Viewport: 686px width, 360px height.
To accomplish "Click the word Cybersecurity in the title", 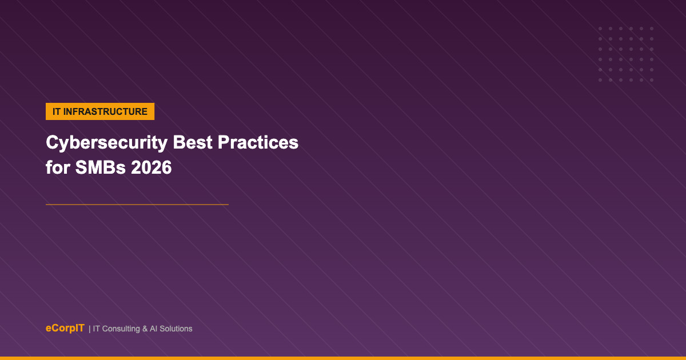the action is point(106,143).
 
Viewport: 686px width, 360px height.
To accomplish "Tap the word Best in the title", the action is point(193,142).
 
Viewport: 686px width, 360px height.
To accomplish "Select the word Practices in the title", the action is point(258,142).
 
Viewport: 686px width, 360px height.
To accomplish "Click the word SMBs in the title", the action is point(101,167).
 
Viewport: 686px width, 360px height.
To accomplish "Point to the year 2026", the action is point(151,167).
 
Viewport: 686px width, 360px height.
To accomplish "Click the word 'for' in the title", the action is point(58,167).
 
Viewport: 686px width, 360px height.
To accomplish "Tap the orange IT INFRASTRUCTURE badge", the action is point(100,111).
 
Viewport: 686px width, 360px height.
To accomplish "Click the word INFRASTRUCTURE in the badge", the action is point(105,112).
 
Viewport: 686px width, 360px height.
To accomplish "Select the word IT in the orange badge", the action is point(57,112).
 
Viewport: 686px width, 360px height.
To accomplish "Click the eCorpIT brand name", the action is point(65,328).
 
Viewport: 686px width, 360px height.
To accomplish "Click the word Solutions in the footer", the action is point(176,329).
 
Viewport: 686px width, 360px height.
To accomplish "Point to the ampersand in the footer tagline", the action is point(145,329).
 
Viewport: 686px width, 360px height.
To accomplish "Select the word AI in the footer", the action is point(153,329).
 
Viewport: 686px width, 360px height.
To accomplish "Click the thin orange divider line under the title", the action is point(137,205).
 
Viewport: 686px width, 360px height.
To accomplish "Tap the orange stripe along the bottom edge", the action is point(343,358).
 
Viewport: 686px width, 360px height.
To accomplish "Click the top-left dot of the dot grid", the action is point(600,29).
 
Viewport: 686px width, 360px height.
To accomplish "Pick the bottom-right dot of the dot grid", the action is point(652,80).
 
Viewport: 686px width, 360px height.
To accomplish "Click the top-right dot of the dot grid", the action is point(652,29).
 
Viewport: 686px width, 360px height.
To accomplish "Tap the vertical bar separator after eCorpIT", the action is point(89,329).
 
